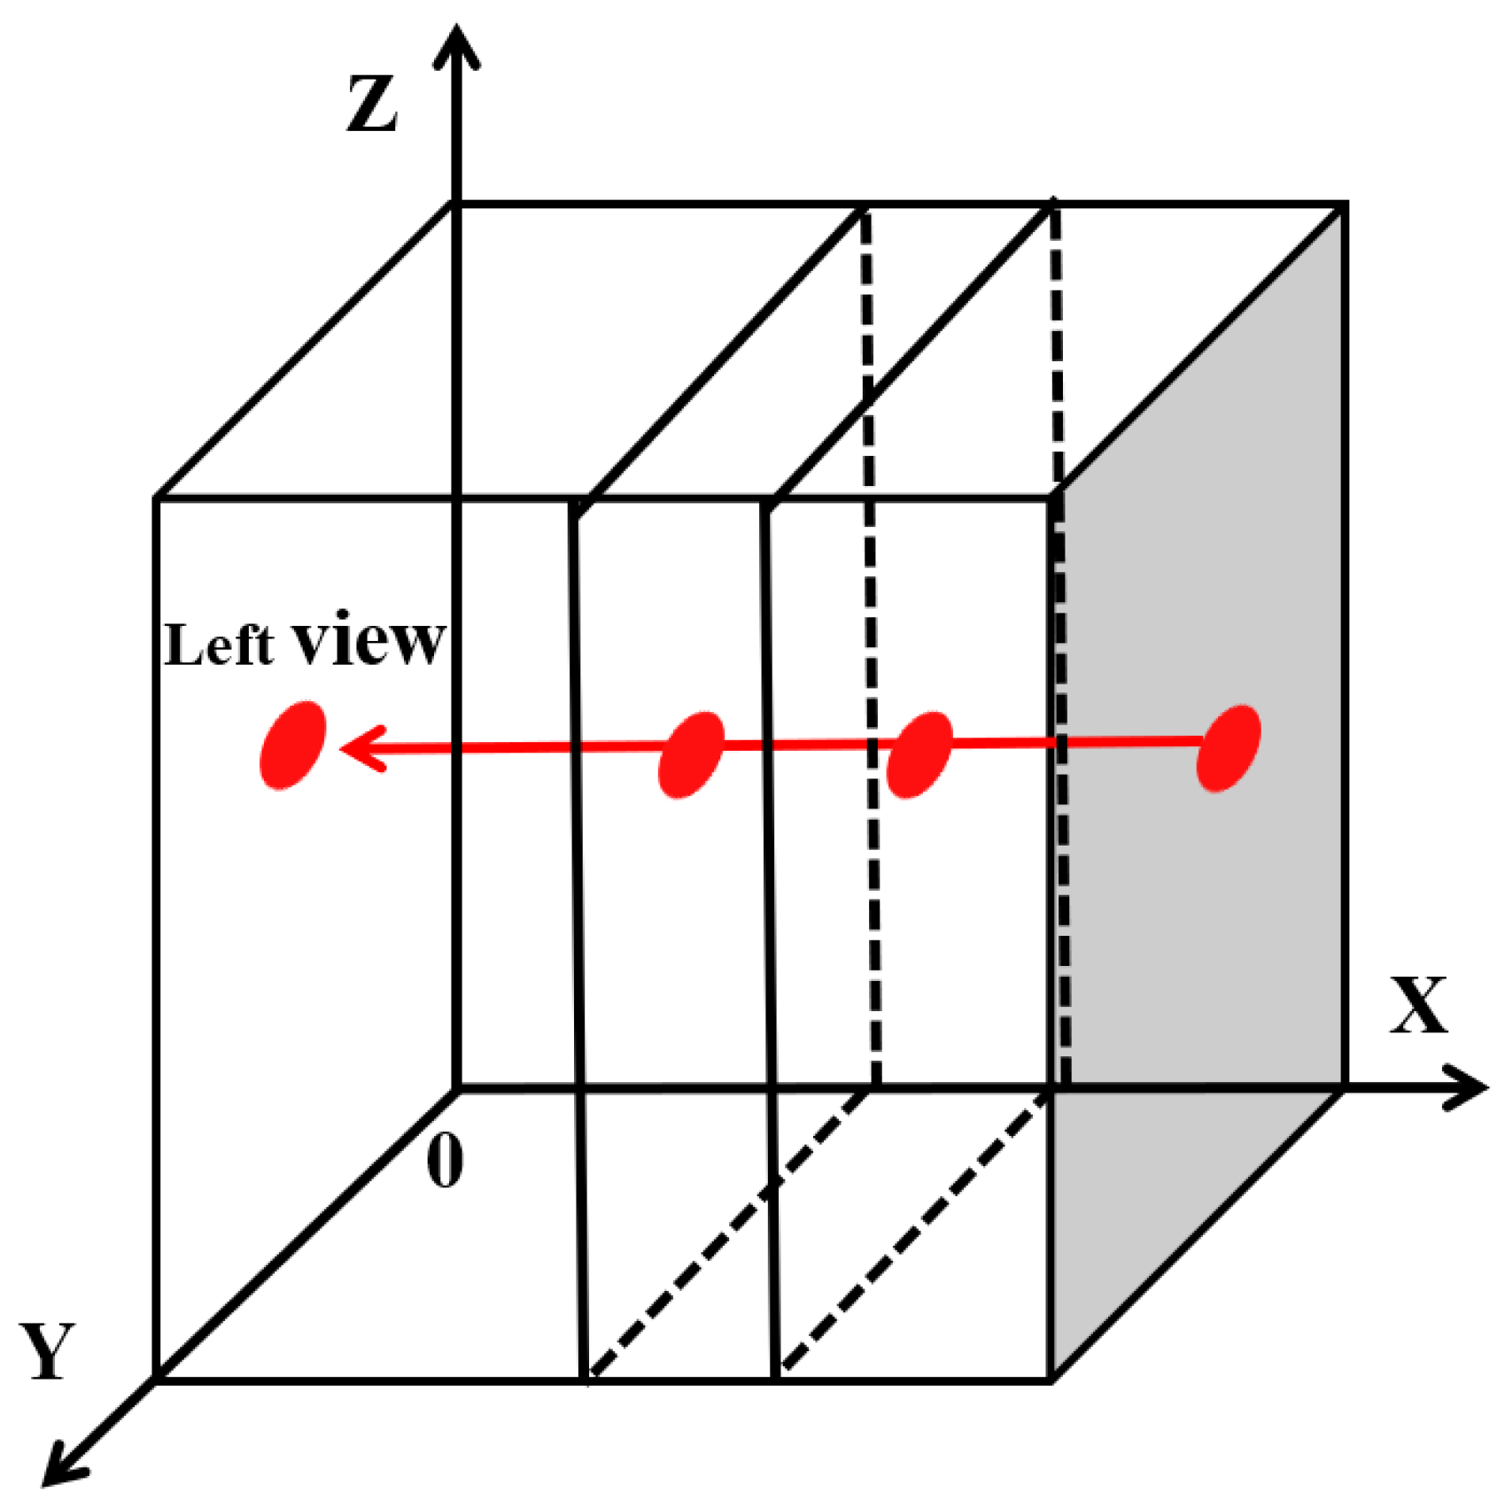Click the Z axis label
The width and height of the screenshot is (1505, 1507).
371,104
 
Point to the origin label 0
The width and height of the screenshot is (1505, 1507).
444,1160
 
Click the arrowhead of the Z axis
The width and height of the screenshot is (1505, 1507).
456,44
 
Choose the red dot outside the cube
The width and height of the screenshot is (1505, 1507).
292,745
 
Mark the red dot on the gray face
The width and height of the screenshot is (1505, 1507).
1228,747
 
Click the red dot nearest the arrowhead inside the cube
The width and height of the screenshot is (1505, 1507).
691,754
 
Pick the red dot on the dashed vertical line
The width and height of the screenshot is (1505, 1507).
919,754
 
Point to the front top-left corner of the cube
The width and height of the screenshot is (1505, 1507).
157,500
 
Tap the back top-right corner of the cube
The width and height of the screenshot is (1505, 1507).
1345,205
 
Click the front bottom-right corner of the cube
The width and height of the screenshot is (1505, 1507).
1051,1379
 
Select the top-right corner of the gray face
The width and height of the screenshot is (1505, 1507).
1345,205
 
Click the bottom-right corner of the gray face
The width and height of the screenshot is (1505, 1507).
1345,1086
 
